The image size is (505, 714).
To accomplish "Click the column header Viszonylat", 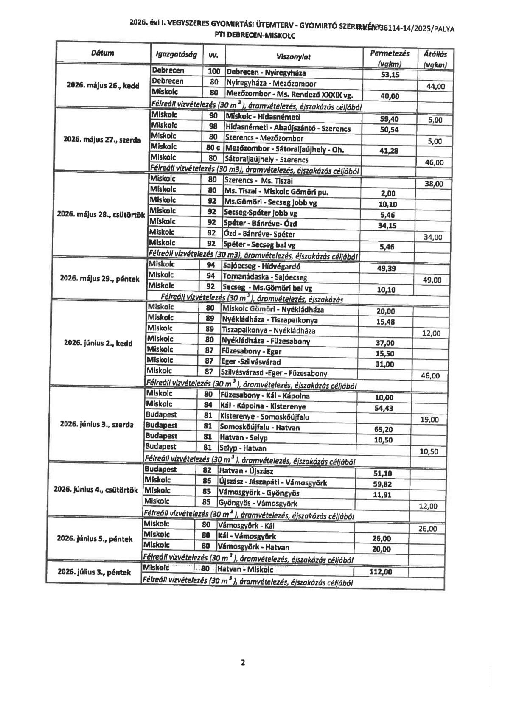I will click(x=293, y=57).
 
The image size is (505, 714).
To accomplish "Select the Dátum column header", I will click(x=102, y=53).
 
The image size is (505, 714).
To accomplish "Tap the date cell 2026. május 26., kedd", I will click(x=103, y=85).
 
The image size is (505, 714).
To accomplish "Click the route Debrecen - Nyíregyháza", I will click(x=266, y=73).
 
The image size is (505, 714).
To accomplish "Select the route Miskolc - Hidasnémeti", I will click(x=263, y=117).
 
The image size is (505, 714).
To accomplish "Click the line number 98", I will click(x=213, y=126).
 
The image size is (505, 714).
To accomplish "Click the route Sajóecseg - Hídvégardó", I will click(x=262, y=267).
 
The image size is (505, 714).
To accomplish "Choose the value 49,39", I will click(x=386, y=268).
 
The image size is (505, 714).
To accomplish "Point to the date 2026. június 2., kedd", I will click(x=98, y=343).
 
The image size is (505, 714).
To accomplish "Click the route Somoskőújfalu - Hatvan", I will click(x=260, y=427).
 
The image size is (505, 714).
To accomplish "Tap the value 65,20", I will click(x=383, y=429).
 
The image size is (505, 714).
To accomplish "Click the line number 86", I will click(x=207, y=481).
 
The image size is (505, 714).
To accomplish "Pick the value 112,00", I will click(x=381, y=572).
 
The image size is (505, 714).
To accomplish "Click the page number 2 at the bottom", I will click(x=243, y=663).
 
